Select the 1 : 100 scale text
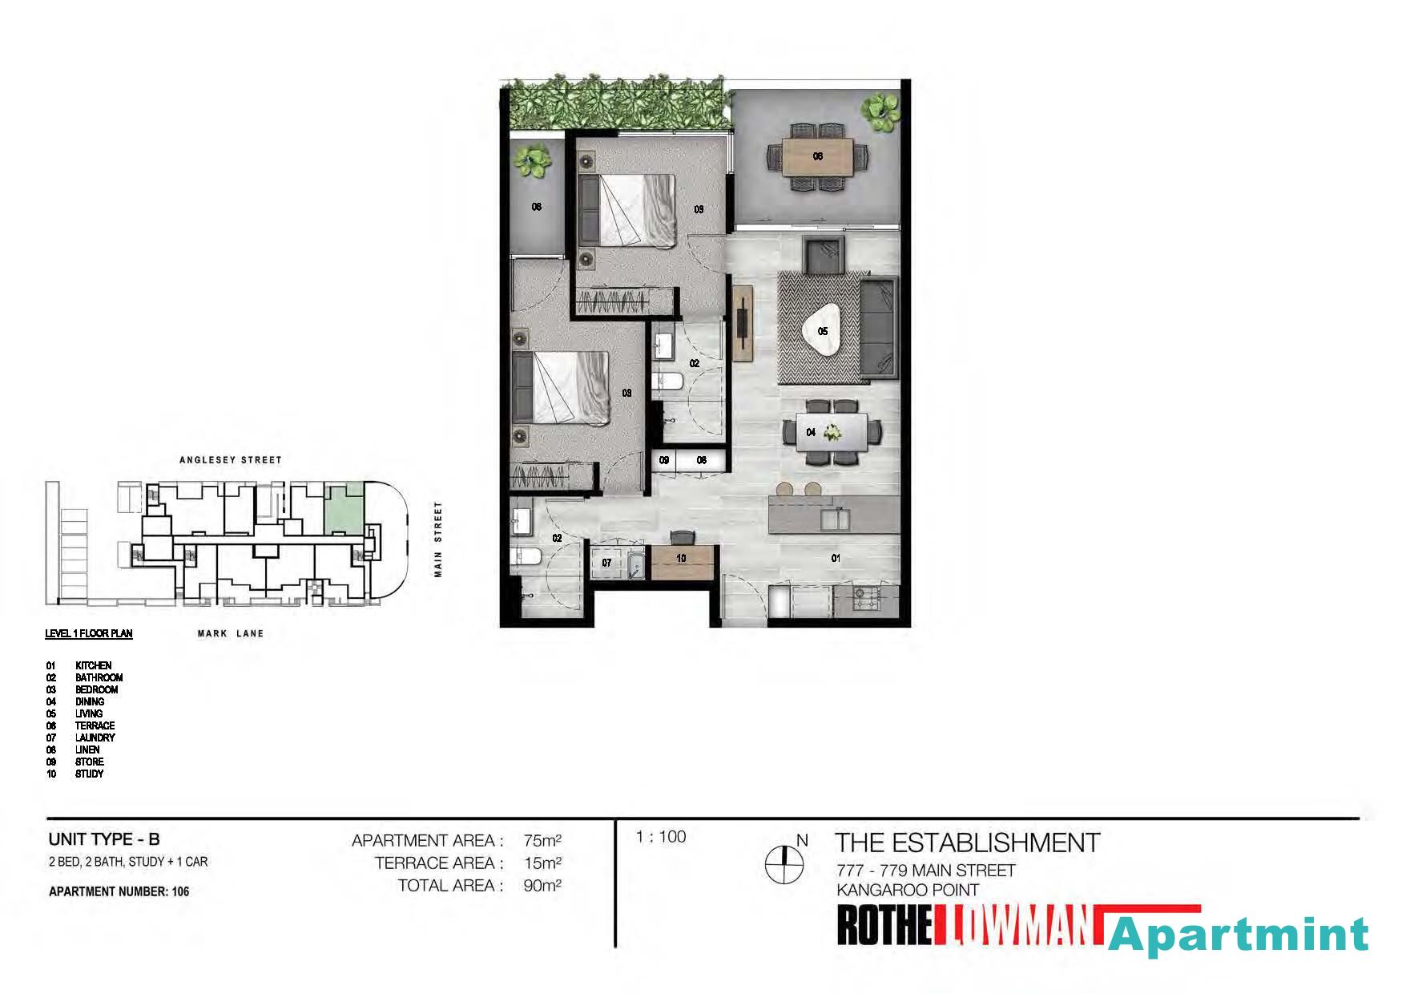[x=661, y=837]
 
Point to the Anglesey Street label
[x=231, y=460]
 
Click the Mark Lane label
[x=231, y=633]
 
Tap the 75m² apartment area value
[x=542, y=841]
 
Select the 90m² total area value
[x=542, y=886]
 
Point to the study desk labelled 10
[x=681, y=561]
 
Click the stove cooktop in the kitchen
[x=867, y=598]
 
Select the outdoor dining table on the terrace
[x=817, y=156]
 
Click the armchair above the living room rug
[x=824, y=256]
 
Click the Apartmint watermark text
[x=1239, y=935]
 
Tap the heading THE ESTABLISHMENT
[x=968, y=842]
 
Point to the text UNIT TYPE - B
[x=104, y=839]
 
